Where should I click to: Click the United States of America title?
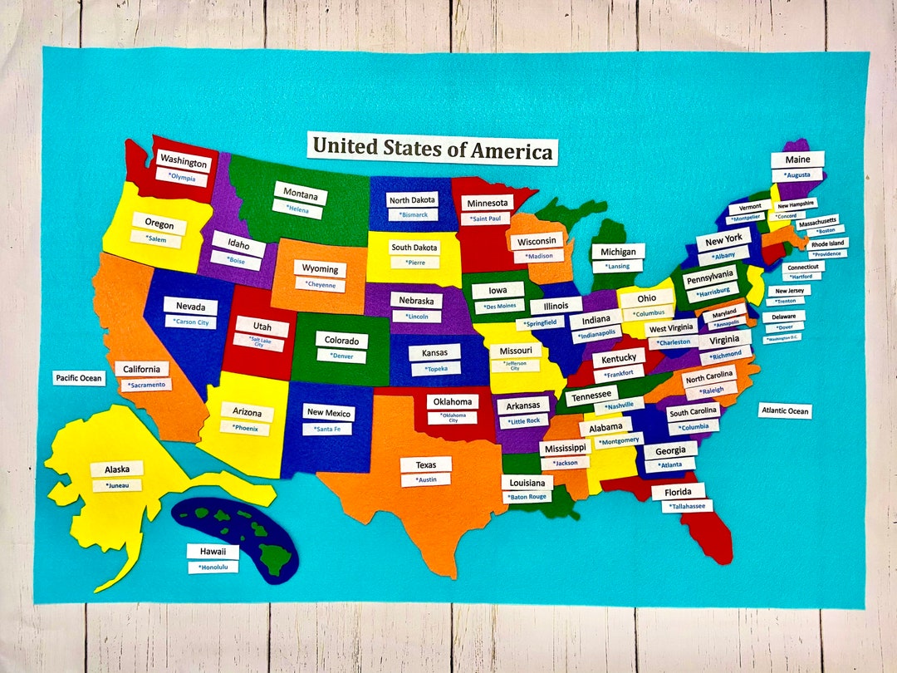(x=432, y=150)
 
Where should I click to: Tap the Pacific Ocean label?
(x=79, y=378)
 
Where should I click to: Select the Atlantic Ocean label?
(x=785, y=411)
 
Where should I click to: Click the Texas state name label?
(x=425, y=464)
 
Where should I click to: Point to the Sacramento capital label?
(x=146, y=385)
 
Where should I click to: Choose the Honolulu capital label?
(x=213, y=567)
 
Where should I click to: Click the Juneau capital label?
(x=117, y=485)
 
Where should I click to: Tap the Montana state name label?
(x=300, y=195)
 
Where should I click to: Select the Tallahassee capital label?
(x=687, y=506)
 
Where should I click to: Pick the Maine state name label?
(x=797, y=160)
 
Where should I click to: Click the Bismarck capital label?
(x=413, y=214)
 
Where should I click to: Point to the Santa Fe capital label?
(x=326, y=429)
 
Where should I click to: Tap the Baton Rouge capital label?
(x=527, y=497)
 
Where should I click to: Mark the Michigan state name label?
(x=618, y=252)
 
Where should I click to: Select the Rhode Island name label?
(x=827, y=243)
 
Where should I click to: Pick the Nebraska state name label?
(x=415, y=300)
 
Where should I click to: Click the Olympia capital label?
(x=182, y=177)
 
